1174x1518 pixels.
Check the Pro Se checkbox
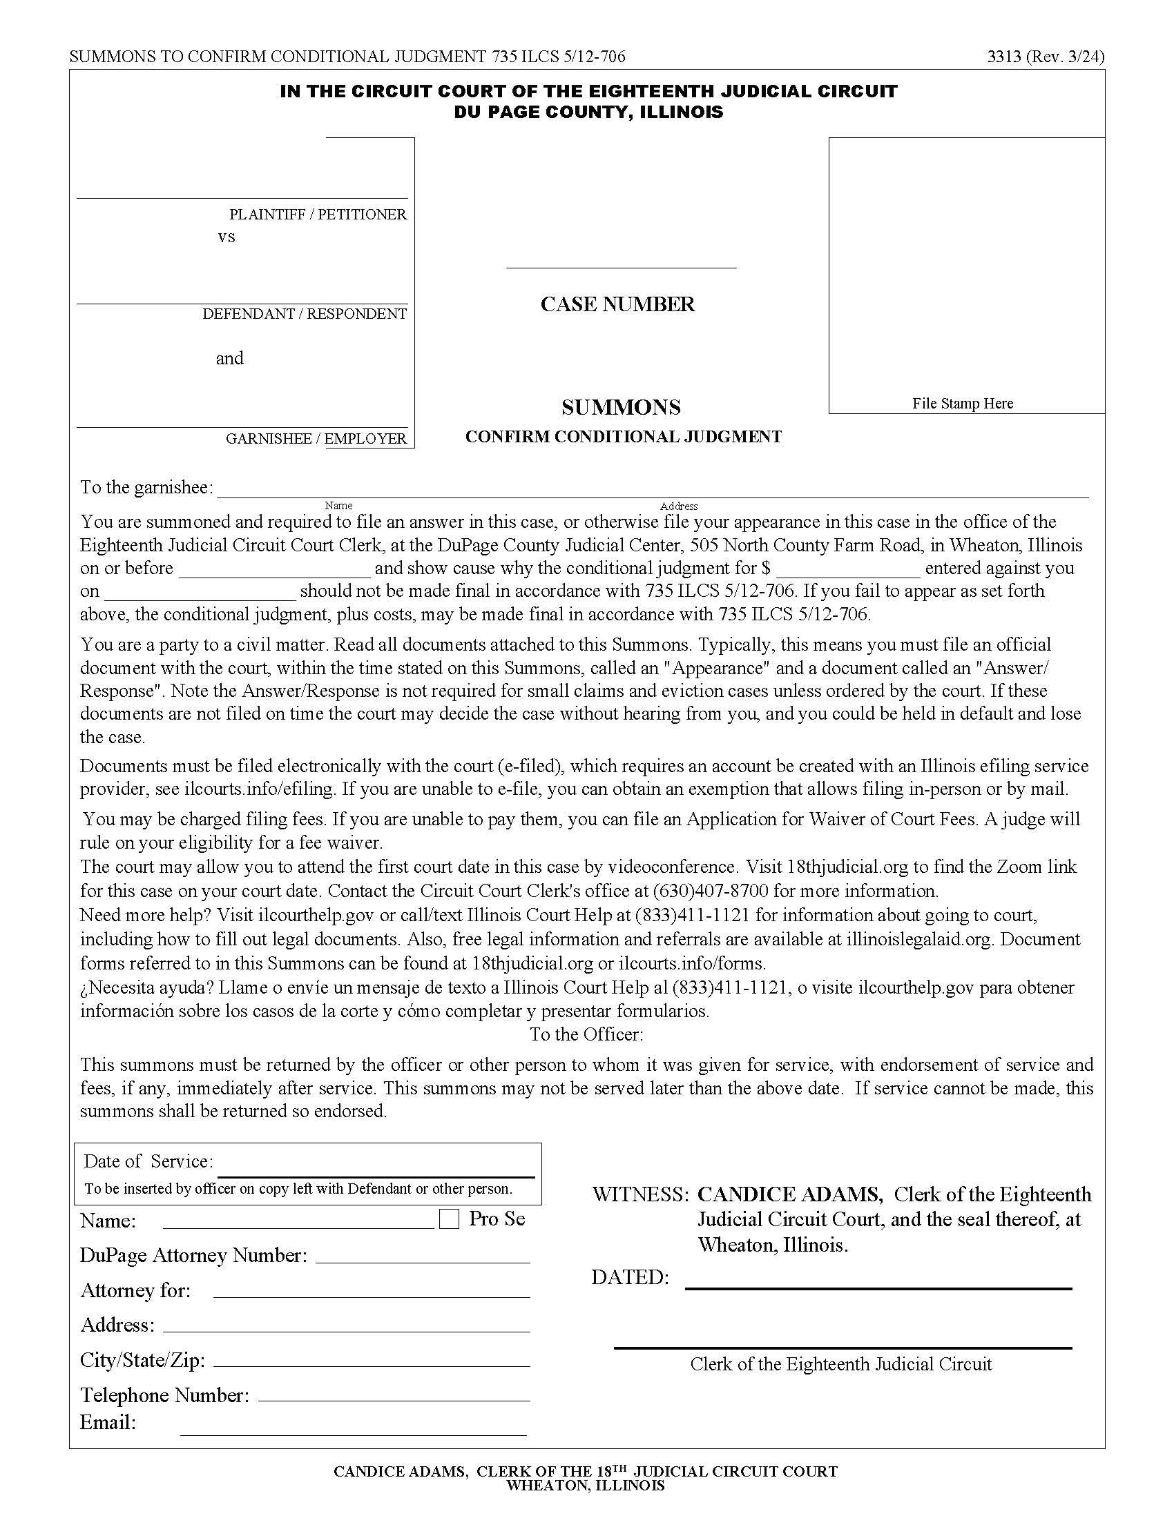[450, 1219]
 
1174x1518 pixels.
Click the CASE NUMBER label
[617, 304]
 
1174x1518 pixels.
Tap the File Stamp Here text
[963, 403]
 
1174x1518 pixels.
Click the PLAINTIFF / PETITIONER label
[318, 214]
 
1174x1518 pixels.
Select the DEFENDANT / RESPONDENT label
[305, 313]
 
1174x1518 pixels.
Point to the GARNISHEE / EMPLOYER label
[316, 439]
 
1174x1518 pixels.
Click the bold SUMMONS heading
[621, 407]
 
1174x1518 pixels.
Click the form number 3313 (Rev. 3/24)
[1046, 57]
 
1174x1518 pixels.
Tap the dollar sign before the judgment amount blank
[765, 569]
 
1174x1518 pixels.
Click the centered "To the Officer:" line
[586, 1034]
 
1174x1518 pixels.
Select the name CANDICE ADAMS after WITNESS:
[790, 1195]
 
